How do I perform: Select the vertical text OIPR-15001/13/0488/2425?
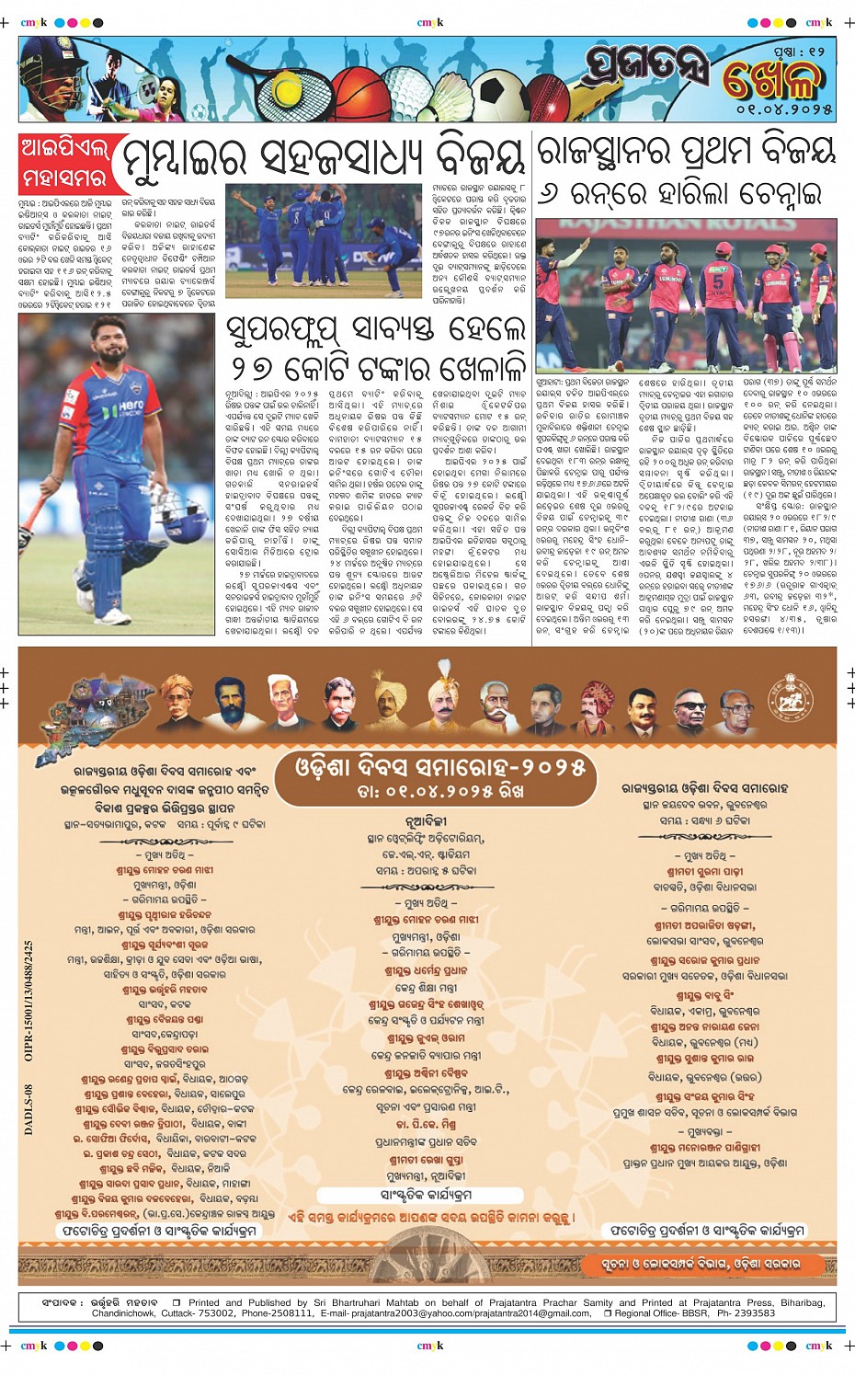point(28,1001)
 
